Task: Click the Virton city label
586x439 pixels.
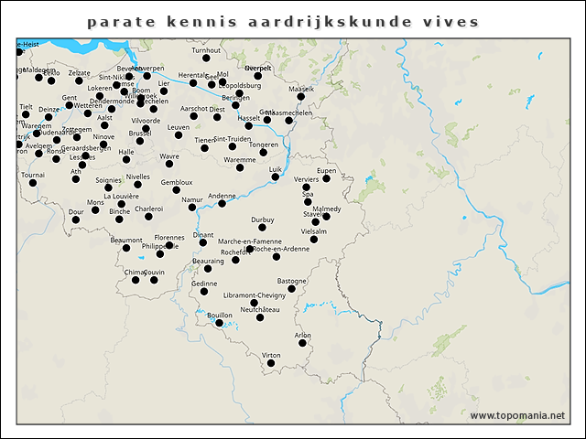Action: (x=271, y=355)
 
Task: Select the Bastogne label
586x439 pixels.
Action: (x=292, y=281)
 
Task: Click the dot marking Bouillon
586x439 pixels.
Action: (x=219, y=324)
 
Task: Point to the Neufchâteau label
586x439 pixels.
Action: (x=259, y=308)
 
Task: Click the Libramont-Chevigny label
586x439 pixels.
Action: (x=255, y=294)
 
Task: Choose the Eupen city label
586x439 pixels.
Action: (x=326, y=171)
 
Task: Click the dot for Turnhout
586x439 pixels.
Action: (x=206, y=59)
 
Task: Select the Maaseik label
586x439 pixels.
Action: (x=301, y=89)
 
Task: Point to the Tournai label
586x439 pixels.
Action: (x=33, y=174)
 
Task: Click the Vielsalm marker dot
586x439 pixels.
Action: (x=313, y=241)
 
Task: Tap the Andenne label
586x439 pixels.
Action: (x=222, y=195)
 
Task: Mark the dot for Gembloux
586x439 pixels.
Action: (x=177, y=190)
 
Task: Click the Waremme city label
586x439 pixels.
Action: (x=240, y=159)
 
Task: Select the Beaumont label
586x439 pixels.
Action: (x=126, y=240)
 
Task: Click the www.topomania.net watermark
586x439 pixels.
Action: (x=517, y=415)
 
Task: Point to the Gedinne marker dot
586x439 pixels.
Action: (x=204, y=292)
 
